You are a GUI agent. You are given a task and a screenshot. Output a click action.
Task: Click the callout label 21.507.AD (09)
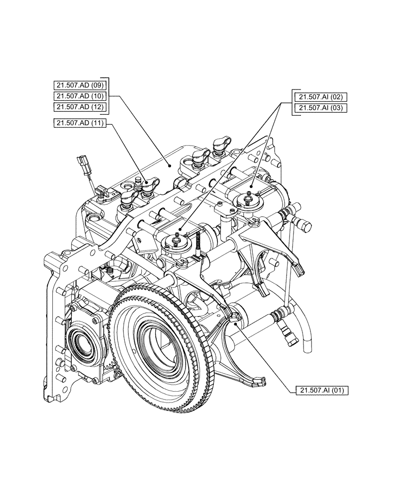click(80, 84)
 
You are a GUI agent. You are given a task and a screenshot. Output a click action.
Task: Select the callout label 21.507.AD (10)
click(80, 95)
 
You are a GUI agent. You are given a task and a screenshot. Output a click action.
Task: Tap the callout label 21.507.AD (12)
click(80, 107)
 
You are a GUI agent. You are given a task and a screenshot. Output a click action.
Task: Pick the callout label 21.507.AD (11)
click(80, 123)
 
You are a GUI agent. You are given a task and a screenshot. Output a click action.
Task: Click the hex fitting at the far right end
click(304, 225)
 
